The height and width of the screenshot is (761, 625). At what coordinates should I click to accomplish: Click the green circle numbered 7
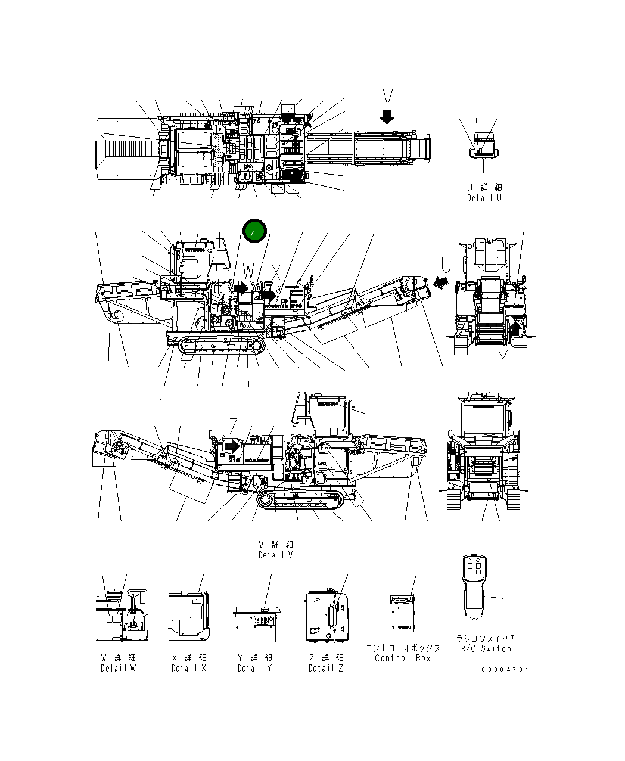pyautogui.click(x=254, y=231)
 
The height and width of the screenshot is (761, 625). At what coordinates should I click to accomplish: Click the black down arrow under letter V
pyautogui.click(x=387, y=116)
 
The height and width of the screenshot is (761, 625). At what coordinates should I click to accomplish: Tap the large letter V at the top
pyautogui.click(x=388, y=98)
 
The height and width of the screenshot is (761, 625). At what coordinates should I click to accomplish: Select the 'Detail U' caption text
pyautogui.click(x=484, y=197)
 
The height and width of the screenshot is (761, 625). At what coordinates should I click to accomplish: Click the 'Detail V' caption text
pyautogui.click(x=275, y=555)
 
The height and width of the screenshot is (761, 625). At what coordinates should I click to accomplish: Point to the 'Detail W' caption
pyautogui.click(x=118, y=668)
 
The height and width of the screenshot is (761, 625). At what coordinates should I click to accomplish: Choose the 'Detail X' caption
pyautogui.click(x=189, y=668)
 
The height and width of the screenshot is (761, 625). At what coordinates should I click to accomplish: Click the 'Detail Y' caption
pyautogui.click(x=254, y=668)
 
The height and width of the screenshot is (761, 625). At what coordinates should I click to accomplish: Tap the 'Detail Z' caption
pyautogui.click(x=325, y=668)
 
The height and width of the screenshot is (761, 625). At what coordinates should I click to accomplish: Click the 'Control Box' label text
pyautogui.click(x=402, y=658)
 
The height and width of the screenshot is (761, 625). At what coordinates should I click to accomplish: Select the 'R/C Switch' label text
pyautogui.click(x=486, y=648)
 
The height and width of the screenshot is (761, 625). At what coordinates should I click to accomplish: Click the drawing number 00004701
pyautogui.click(x=505, y=669)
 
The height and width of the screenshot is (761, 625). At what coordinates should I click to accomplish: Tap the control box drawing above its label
pyautogui.click(x=402, y=613)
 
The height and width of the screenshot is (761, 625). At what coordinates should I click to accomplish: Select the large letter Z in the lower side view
pyautogui.click(x=234, y=425)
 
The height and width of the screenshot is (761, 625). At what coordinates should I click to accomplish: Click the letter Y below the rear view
pyautogui.click(x=502, y=359)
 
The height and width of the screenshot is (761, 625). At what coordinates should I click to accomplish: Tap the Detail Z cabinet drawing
pyautogui.click(x=325, y=616)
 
